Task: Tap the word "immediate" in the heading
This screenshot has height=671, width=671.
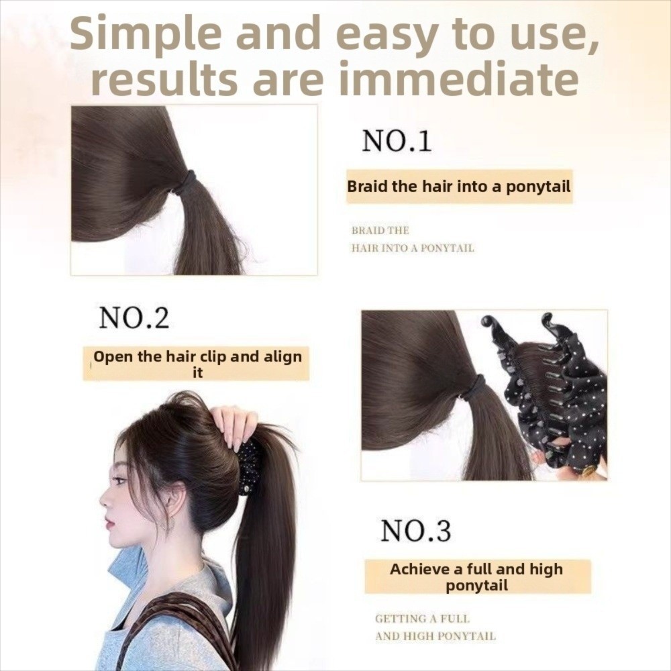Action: pos(459,79)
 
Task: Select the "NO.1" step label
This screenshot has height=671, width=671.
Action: pos(397,141)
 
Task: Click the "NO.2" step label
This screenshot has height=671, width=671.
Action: pos(134,317)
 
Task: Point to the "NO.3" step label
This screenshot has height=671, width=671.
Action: pos(415,530)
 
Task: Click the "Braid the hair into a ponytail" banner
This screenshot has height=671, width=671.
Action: pos(459,187)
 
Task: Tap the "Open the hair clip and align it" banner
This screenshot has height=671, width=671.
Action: pos(196,364)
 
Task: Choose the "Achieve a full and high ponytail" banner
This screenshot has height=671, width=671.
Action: pos(478,577)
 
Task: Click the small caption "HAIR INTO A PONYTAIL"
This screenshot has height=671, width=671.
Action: pos(413,248)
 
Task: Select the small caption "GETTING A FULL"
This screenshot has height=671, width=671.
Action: pos(422,619)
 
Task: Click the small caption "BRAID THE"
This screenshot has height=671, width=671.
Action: pos(380,231)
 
